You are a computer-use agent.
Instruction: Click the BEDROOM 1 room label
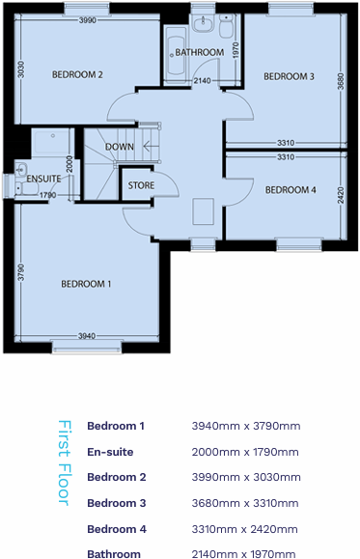point(86,284)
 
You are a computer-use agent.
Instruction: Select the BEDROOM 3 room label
point(289,76)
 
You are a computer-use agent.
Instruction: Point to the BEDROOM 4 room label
point(290,189)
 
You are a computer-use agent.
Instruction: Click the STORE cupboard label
point(141,184)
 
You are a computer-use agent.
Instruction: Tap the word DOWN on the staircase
point(119,147)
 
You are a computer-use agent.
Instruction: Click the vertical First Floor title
point(65,461)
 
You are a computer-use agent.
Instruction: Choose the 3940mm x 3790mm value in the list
point(246,426)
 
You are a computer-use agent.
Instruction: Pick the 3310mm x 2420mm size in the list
point(246,528)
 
